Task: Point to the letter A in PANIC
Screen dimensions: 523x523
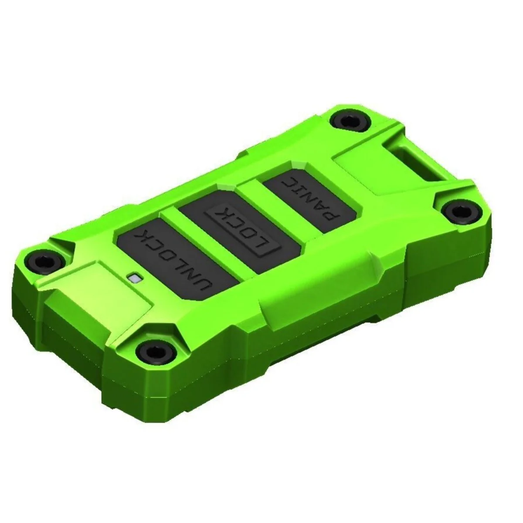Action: (x=320, y=207)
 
